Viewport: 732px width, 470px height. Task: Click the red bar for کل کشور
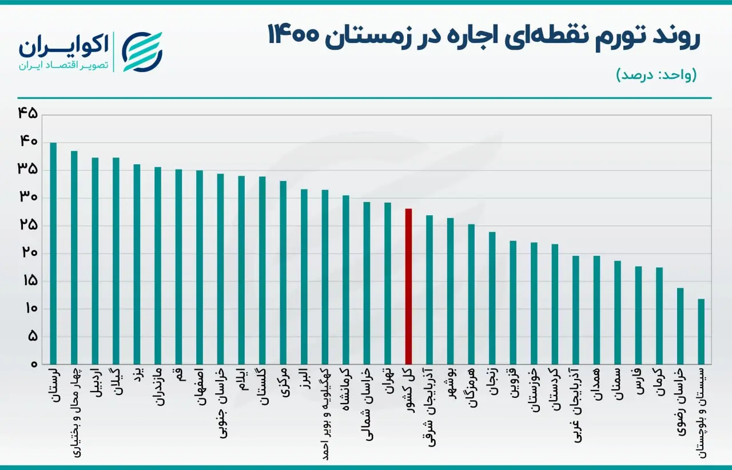point(408,286)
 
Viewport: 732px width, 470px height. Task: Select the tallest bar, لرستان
point(53,254)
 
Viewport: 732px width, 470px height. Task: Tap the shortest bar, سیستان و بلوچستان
point(701,331)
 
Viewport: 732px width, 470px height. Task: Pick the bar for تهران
point(388,283)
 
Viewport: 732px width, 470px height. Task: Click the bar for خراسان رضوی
point(681,326)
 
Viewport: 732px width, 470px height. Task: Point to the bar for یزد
point(137,264)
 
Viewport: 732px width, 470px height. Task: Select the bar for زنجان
point(492,298)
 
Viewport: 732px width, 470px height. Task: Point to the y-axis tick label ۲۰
point(29,253)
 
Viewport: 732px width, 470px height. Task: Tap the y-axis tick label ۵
point(33,336)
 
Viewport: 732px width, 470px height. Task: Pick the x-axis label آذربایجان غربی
point(576,405)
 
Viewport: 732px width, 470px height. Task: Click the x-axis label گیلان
point(116,381)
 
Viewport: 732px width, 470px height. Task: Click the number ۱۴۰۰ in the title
point(293,35)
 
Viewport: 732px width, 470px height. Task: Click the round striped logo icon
point(142,52)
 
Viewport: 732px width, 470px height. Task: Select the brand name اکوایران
point(63,46)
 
